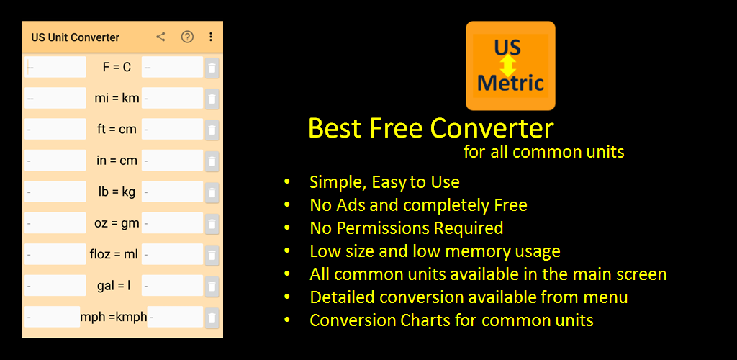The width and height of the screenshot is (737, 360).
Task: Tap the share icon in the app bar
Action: point(160,37)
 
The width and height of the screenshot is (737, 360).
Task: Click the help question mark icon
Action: point(188,37)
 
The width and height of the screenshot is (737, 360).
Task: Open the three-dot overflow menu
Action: point(211,37)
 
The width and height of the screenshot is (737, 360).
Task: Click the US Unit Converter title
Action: point(75,37)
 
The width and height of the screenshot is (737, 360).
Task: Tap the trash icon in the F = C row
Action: point(212,68)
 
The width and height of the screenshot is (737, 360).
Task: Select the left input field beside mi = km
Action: point(55,98)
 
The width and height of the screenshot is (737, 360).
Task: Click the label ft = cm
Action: point(117,130)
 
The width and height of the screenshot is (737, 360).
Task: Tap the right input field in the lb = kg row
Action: point(172,192)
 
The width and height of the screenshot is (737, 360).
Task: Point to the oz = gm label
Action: point(117,223)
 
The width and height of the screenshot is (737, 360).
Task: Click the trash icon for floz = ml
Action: point(212,255)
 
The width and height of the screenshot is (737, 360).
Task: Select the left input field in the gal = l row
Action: point(55,285)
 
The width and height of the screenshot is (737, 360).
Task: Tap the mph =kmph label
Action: point(114,318)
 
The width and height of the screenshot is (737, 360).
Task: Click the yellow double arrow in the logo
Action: point(507,66)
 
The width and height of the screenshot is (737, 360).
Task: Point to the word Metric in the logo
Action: point(510,84)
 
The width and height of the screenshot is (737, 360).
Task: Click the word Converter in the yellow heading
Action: point(492,128)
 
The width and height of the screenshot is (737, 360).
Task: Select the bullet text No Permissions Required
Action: point(407,228)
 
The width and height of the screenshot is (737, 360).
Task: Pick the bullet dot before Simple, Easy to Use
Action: point(287,182)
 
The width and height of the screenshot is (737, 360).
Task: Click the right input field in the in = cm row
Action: point(172,161)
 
